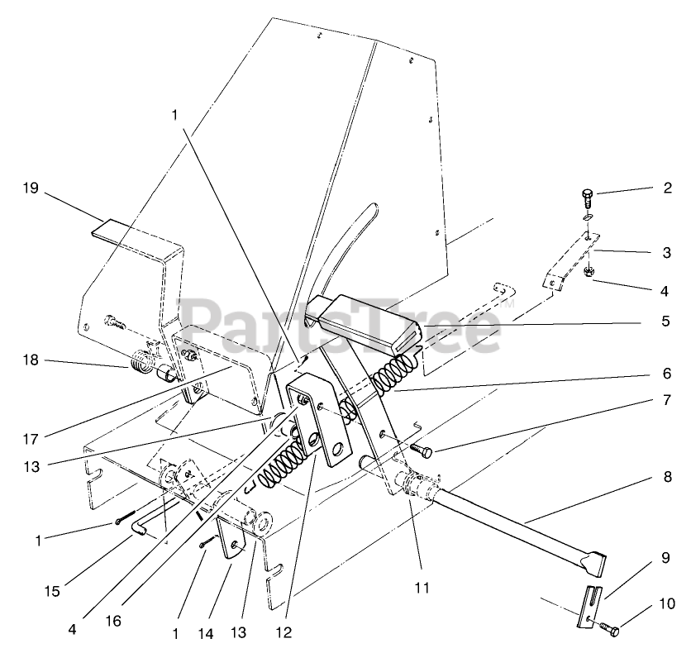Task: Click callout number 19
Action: click(30, 188)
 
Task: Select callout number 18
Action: click(30, 360)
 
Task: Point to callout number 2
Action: click(666, 188)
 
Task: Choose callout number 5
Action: click(666, 320)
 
